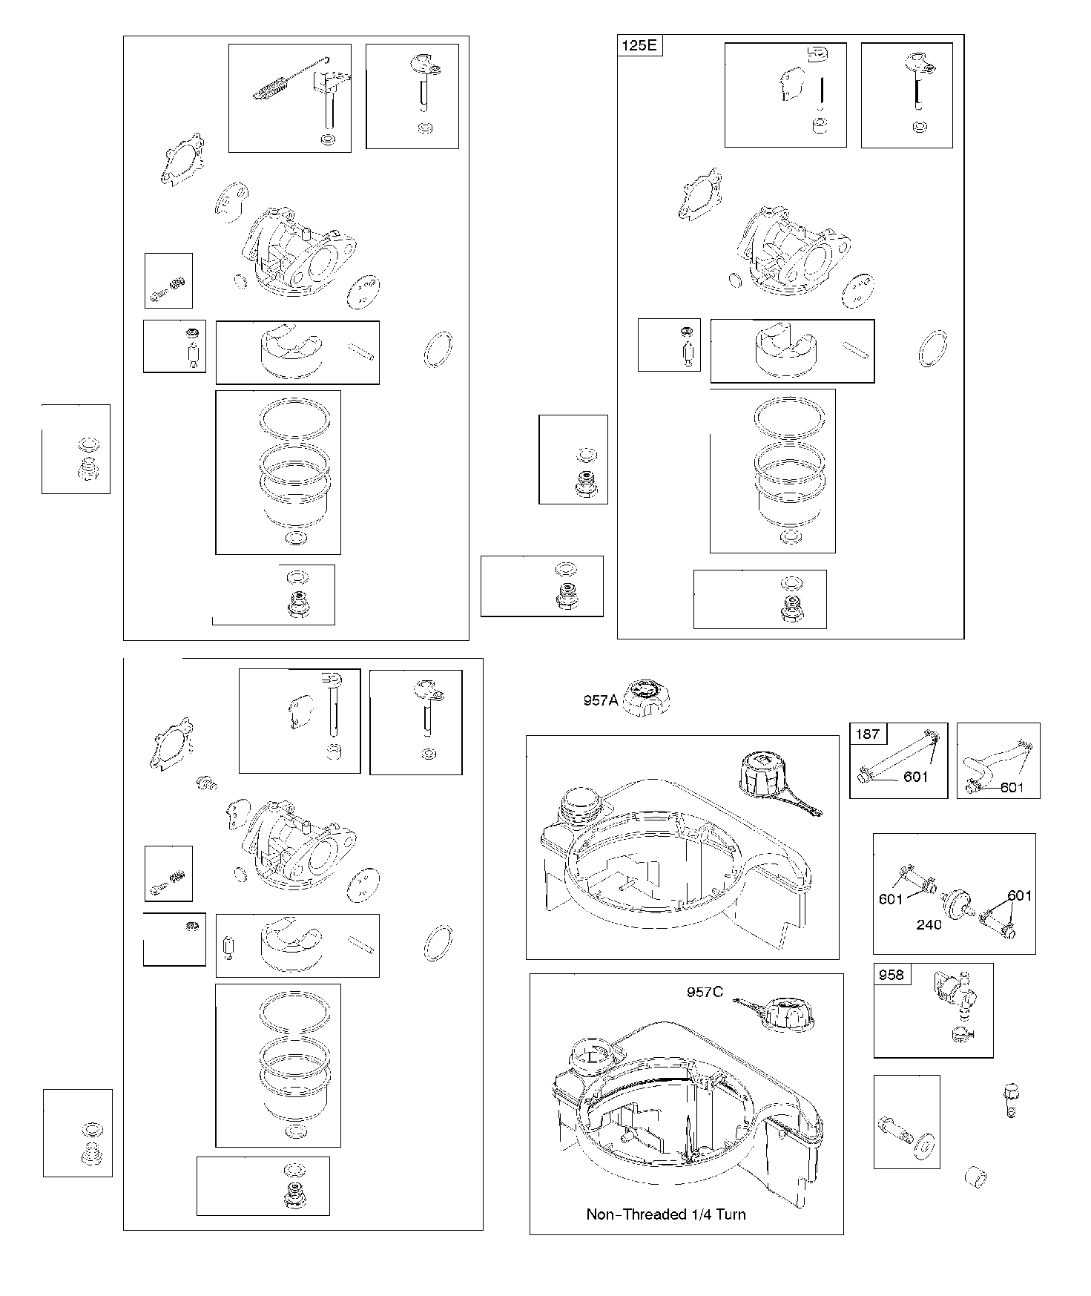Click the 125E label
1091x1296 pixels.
pyautogui.click(x=639, y=45)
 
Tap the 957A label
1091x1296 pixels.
pyautogui.click(x=600, y=700)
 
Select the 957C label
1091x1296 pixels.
pyautogui.click(x=705, y=992)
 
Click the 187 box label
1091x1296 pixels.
pyautogui.click(x=868, y=734)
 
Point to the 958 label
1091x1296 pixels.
pyautogui.click(x=891, y=975)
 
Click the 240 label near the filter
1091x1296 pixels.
pyautogui.click(x=929, y=924)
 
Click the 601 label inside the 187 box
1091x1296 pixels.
pyautogui.click(x=916, y=777)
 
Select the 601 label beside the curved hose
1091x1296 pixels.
pyautogui.click(x=1012, y=787)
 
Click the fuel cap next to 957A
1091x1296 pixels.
pyautogui.click(x=646, y=698)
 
